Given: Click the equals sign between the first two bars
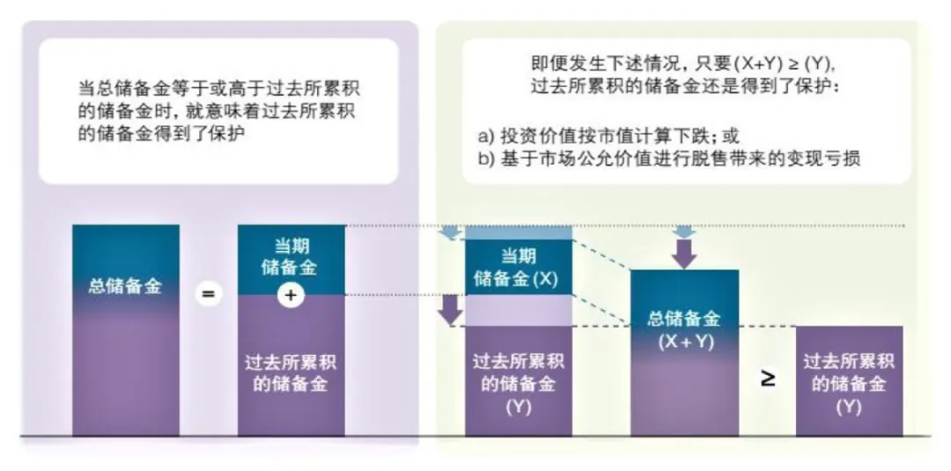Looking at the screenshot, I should (208, 294).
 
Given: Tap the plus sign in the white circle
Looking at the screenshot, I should (291, 297).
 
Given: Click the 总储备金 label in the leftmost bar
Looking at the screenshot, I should (125, 286).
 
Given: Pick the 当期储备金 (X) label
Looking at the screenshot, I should (518, 268).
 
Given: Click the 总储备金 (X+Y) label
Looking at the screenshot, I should (684, 330).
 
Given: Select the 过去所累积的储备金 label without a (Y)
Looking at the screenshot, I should (291, 373).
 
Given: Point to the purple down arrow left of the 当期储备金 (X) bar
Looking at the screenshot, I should (450, 308).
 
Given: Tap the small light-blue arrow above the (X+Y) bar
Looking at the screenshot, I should (684, 232).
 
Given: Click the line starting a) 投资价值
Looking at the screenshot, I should (608, 136).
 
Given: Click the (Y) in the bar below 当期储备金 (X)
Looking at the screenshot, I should (518, 408).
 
